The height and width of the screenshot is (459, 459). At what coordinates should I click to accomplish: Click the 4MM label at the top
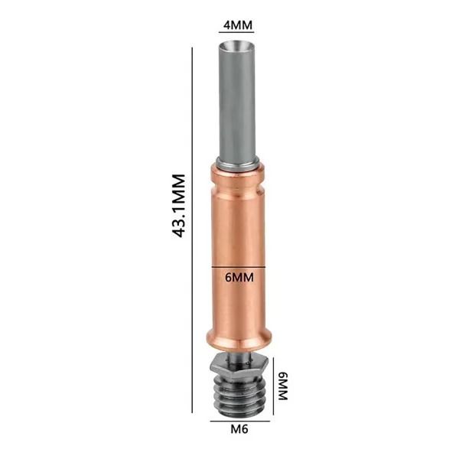[238, 25]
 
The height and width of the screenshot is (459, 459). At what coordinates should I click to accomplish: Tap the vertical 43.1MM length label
[179, 206]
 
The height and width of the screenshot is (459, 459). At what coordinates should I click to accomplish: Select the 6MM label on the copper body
[239, 277]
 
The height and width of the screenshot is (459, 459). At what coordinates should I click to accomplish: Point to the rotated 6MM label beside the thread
[283, 386]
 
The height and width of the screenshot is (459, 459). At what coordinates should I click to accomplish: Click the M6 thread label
[239, 429]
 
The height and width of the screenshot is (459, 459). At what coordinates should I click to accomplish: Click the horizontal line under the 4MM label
[236, 32]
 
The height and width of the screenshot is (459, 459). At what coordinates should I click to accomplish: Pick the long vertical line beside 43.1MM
[192, 230]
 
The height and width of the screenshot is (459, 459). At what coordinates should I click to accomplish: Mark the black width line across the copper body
[239, 267]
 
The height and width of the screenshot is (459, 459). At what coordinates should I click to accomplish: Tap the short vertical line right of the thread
[273, 386]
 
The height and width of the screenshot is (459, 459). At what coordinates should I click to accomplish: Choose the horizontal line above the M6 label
[240, 422]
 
